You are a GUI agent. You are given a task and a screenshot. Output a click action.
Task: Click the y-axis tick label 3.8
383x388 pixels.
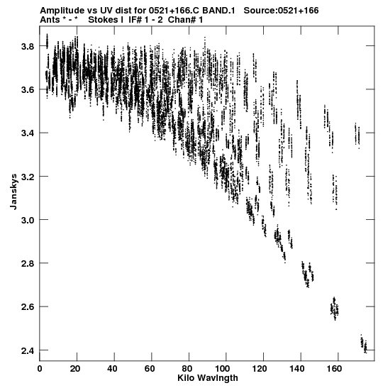pyautogui.click(x=28, y=46)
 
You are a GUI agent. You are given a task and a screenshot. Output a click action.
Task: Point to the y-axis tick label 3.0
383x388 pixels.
pyautogui.click(x=28, y=220)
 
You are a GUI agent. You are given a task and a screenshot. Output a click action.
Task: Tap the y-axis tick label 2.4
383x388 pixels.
pyautogui.click(x=28, y=350)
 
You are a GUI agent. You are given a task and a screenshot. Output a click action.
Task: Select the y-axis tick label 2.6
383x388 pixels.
pyautogui.click(x=28, y=307)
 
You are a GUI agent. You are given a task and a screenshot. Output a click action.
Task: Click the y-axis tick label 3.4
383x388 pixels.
pyautogui.click(x=28, y=133)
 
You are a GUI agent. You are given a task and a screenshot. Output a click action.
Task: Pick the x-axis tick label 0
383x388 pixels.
pyautogui.click(x=40, y=369)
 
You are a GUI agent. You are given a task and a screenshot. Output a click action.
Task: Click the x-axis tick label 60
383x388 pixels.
pyautogui.click(x=150, y=369)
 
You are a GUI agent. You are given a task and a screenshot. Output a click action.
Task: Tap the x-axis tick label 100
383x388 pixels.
pyautogui.click(x=224, y=369)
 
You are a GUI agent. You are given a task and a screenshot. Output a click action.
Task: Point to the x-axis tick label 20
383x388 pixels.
pyautogui.click(x=74, y=369)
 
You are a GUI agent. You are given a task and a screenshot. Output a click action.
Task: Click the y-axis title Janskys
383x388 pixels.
pyautogui.click(x=14, y=192)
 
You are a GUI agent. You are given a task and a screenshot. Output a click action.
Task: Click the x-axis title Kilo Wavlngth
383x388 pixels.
pyautogui.click(x=208, y=378)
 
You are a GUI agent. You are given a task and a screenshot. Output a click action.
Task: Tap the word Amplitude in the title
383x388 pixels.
pyautogui.click(x=62, y=11)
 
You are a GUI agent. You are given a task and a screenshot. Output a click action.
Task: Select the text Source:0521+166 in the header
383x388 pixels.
pyautogui.click(x=281, y=11)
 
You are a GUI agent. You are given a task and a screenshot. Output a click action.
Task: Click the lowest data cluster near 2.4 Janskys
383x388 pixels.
pyautogui.click(x=363, y=344)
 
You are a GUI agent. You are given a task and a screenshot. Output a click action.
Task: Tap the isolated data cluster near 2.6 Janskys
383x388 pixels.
pyautogui.click(x=335, y=309)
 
